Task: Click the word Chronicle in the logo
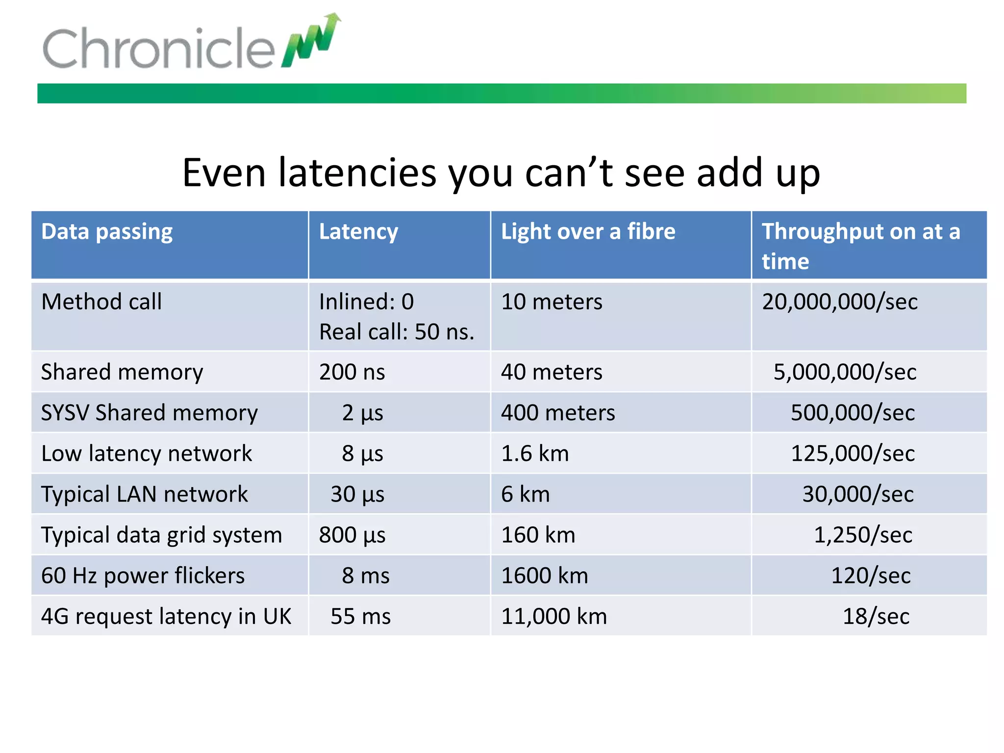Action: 159,48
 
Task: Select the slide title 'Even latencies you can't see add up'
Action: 501,173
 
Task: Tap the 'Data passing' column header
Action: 107,231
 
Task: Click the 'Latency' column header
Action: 358,231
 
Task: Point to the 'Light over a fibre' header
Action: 588,231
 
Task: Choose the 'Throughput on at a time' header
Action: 860,246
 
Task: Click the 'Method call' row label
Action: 101,301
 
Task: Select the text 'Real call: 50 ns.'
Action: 397,332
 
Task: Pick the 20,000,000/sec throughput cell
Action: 840,301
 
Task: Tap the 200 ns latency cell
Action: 352,372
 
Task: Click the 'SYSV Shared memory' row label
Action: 149,413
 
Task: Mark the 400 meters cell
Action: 558,413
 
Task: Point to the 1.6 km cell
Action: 535,453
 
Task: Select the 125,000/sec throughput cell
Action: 853,453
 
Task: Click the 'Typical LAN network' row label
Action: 145,494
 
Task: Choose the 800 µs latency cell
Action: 352,535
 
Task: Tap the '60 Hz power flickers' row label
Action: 143,576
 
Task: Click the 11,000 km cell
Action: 554,616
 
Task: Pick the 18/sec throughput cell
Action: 876,616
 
